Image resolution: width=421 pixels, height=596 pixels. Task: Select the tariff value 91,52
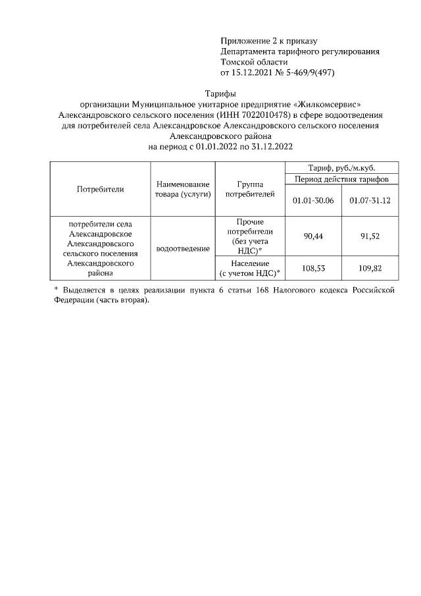370,236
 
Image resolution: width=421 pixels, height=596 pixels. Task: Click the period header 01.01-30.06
312,200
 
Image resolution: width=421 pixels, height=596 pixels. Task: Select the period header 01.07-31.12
370,200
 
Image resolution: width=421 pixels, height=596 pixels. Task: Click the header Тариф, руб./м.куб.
341,167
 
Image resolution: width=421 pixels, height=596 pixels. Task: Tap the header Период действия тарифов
341,179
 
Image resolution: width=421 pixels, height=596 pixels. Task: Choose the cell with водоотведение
183,249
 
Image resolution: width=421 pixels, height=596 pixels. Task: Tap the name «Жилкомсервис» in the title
327,104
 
